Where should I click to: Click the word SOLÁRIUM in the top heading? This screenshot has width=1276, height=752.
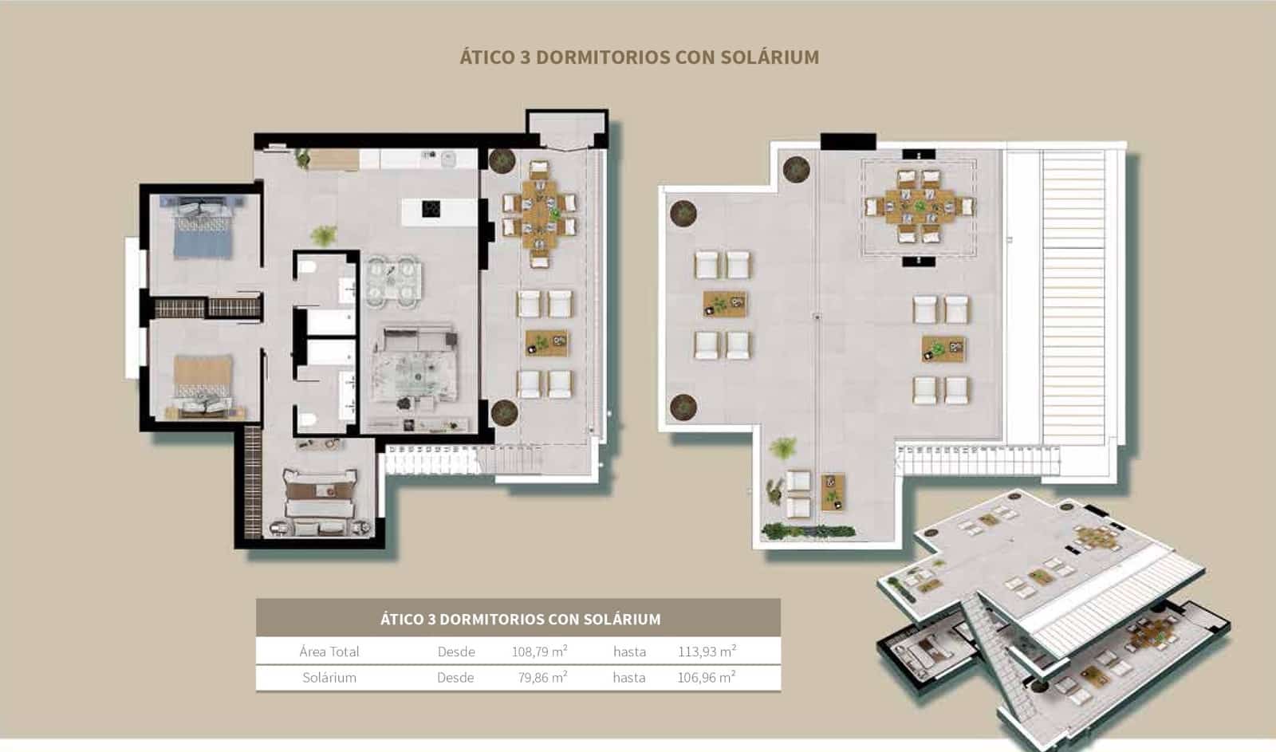[769, 57]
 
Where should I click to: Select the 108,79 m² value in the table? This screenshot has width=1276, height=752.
[539, 652]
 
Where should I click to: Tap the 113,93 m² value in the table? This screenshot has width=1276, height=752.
[707, 652]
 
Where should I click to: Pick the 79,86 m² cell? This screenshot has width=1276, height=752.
[542, 677]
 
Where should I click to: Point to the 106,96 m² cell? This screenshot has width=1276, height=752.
[707, 677]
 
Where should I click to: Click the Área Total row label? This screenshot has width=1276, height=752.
[329, 652]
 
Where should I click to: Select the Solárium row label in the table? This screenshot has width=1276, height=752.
[329, 677]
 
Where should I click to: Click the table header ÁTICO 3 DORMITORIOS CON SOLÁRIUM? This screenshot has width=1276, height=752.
[520, 619]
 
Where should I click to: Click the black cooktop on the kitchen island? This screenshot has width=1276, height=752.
[431, 210]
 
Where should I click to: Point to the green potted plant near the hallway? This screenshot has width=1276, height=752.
[323, 236]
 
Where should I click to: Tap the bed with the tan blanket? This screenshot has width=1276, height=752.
[203, 383]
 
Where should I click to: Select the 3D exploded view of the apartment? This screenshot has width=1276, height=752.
[1053, 614]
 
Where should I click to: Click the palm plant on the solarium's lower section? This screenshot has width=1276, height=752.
[783, 448]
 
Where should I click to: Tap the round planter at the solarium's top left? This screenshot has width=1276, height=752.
[796, 169]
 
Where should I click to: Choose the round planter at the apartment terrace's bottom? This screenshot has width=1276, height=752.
[504, 413]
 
